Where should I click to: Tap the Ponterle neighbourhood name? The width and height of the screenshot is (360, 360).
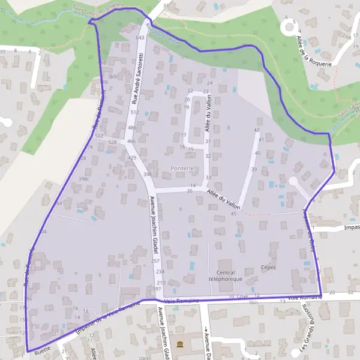182,168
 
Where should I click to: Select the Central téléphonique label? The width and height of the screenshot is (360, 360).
224,275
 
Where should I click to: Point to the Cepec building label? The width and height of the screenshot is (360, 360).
268,268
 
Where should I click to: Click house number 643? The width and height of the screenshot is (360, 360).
140,38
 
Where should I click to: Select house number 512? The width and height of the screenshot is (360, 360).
134,112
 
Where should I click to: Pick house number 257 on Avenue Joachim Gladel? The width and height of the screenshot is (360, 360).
155,261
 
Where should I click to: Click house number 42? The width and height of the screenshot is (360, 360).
257,130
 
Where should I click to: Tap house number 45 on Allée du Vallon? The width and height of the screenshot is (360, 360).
233,214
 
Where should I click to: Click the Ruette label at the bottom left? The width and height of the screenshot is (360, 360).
42,347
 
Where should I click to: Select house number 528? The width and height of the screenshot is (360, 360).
112,142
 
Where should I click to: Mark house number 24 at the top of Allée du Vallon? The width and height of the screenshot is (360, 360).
209,82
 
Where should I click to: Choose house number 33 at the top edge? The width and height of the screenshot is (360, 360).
166,5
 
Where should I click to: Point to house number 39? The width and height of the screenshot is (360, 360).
254,170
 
